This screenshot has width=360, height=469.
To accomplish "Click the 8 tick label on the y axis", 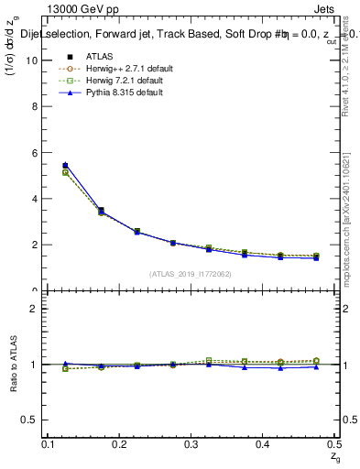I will [34, 106].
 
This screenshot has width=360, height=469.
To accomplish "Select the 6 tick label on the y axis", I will [34, 152].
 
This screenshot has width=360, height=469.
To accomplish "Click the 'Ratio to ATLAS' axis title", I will [15, 365].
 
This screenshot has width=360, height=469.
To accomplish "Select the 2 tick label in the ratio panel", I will [34, 309].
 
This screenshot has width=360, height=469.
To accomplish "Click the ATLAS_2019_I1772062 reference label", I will [191, 274].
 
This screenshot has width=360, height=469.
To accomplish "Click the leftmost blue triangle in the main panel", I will [65, 165].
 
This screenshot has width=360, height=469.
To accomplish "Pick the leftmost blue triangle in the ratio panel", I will [65, 364].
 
